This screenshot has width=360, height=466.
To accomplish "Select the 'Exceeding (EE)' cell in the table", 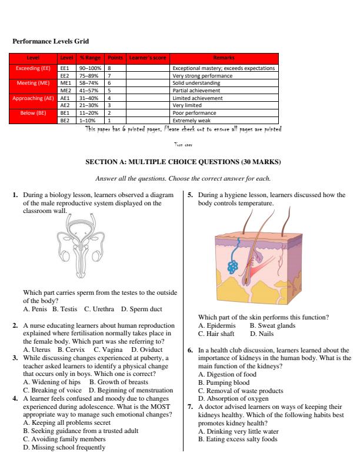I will point(32,68).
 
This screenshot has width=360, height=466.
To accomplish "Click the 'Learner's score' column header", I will point(146,57).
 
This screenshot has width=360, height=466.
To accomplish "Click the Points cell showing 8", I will point(109,68).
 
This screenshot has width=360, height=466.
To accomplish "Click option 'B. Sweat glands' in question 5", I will point(272,325).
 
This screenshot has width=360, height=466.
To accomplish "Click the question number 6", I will point(190,349).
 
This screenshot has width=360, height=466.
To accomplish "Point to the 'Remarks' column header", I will point(224,57).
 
